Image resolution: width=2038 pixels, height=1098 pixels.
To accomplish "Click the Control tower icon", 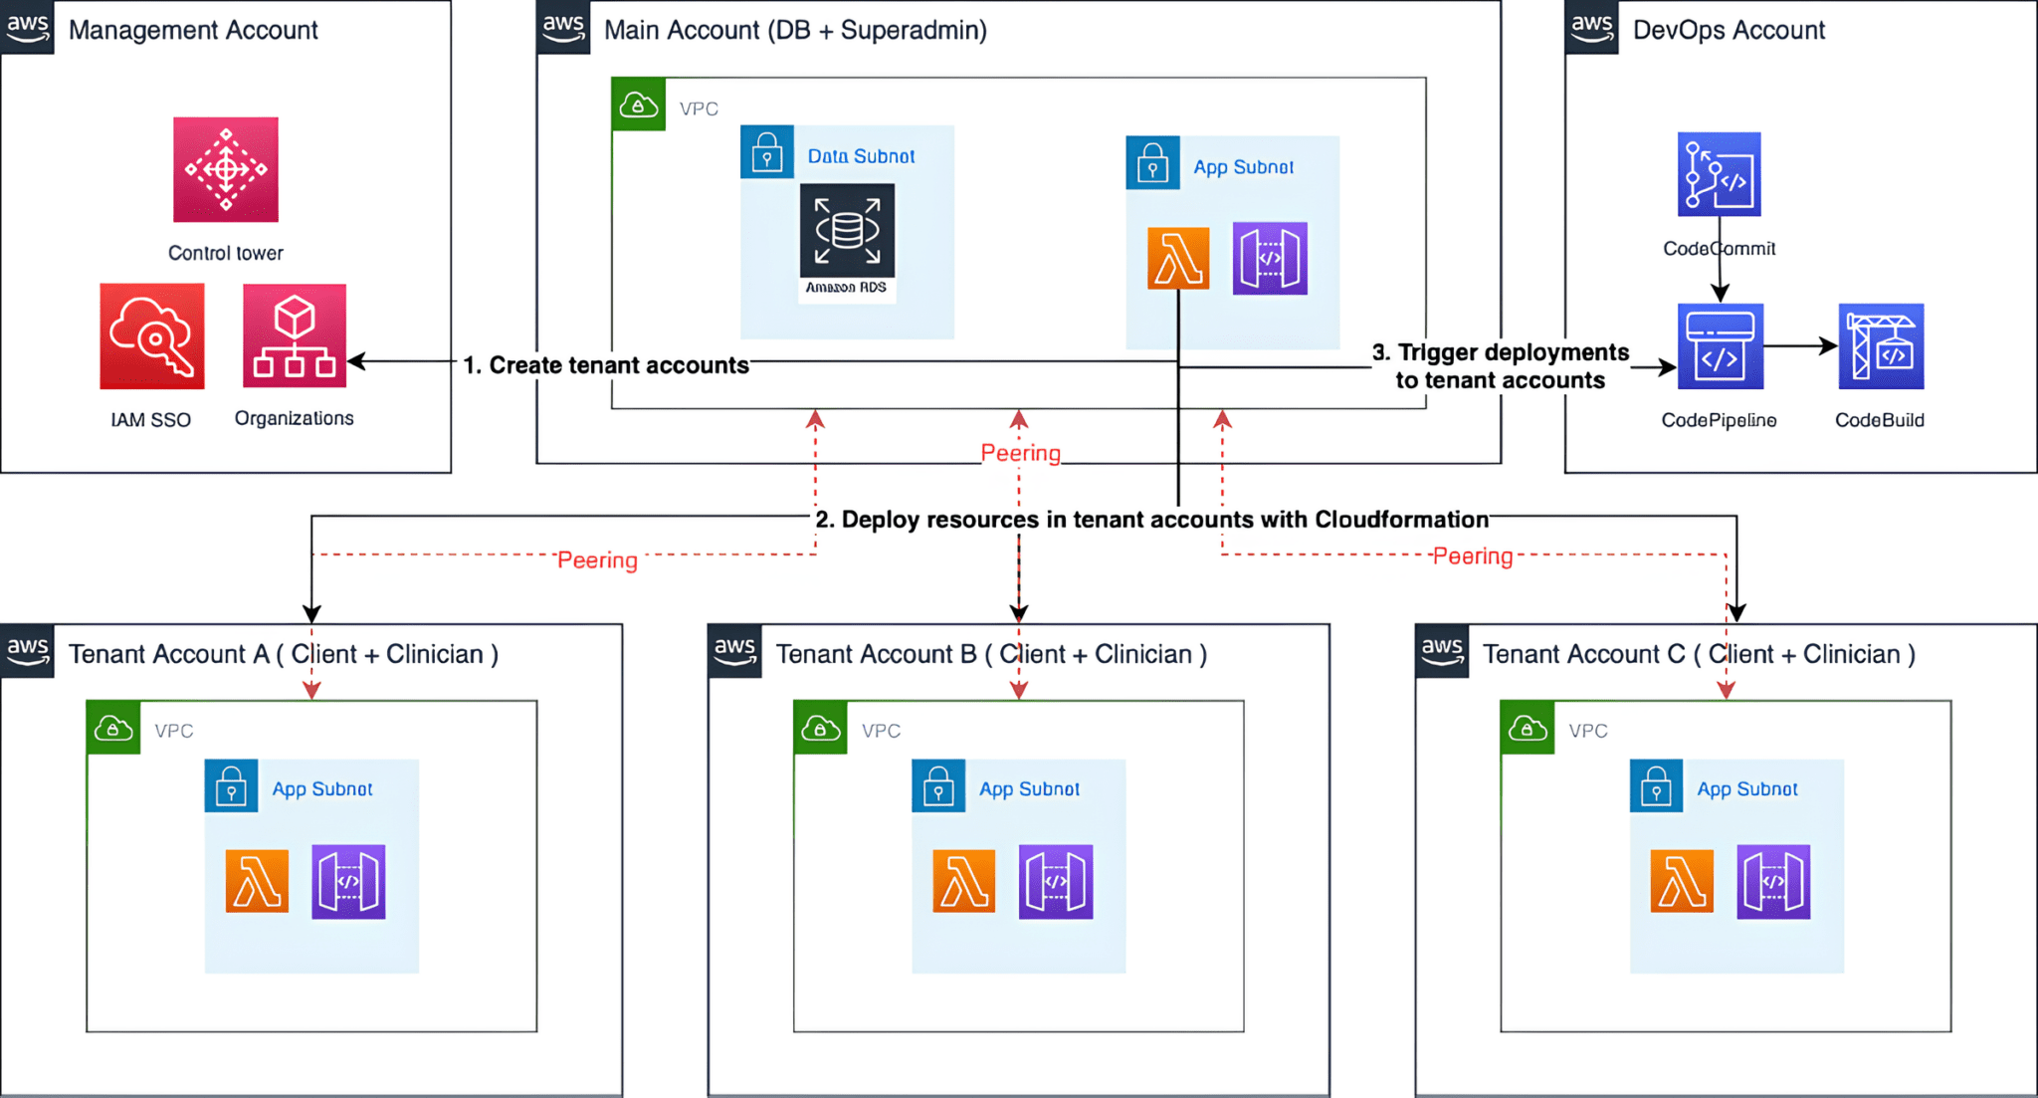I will (x=226, y=169).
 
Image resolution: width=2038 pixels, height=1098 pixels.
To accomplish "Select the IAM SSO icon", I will (x=152, y=336).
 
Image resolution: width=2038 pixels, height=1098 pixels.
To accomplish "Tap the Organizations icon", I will (x=295, y=336).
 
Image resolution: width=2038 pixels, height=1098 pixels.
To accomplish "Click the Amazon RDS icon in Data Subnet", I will (x=847, y=231).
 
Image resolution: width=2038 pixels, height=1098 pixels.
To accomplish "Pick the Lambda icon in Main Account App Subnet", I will (x=1178, y=259).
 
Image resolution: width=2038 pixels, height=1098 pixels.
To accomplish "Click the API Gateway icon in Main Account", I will (x=1270, y=259).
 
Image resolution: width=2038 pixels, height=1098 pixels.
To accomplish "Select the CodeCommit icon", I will (x=1719, y=174).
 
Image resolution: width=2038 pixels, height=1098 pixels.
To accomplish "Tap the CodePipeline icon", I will (x=1720, y=346).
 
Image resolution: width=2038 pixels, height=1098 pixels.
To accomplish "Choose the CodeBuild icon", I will (x=1881, y=346).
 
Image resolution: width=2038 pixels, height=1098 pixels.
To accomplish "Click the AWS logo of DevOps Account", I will (x=1591, y=27).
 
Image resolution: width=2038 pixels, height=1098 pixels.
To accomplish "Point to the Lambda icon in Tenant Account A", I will (x=258, y=881).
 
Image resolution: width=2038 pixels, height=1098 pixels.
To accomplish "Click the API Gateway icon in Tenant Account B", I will (x=1056, y=881).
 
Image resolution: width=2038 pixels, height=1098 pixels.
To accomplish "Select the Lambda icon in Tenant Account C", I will (x=1682, y=881).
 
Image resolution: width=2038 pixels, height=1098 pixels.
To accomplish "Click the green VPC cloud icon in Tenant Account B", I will (x=820, y=728).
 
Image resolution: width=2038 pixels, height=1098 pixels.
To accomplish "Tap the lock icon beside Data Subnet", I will (x=767, y=152).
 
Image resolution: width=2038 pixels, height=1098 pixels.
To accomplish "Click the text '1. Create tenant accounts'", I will (x=606, y=365).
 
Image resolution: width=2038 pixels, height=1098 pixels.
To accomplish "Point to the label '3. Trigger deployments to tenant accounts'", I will (x=1500, y=366).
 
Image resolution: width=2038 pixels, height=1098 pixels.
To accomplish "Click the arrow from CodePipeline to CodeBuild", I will (x=1799, y=346).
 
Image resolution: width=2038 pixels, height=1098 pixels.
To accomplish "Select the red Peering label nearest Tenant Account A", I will (x=597, y=560).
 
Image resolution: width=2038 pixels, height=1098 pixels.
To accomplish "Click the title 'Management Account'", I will (x=193, y=30).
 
